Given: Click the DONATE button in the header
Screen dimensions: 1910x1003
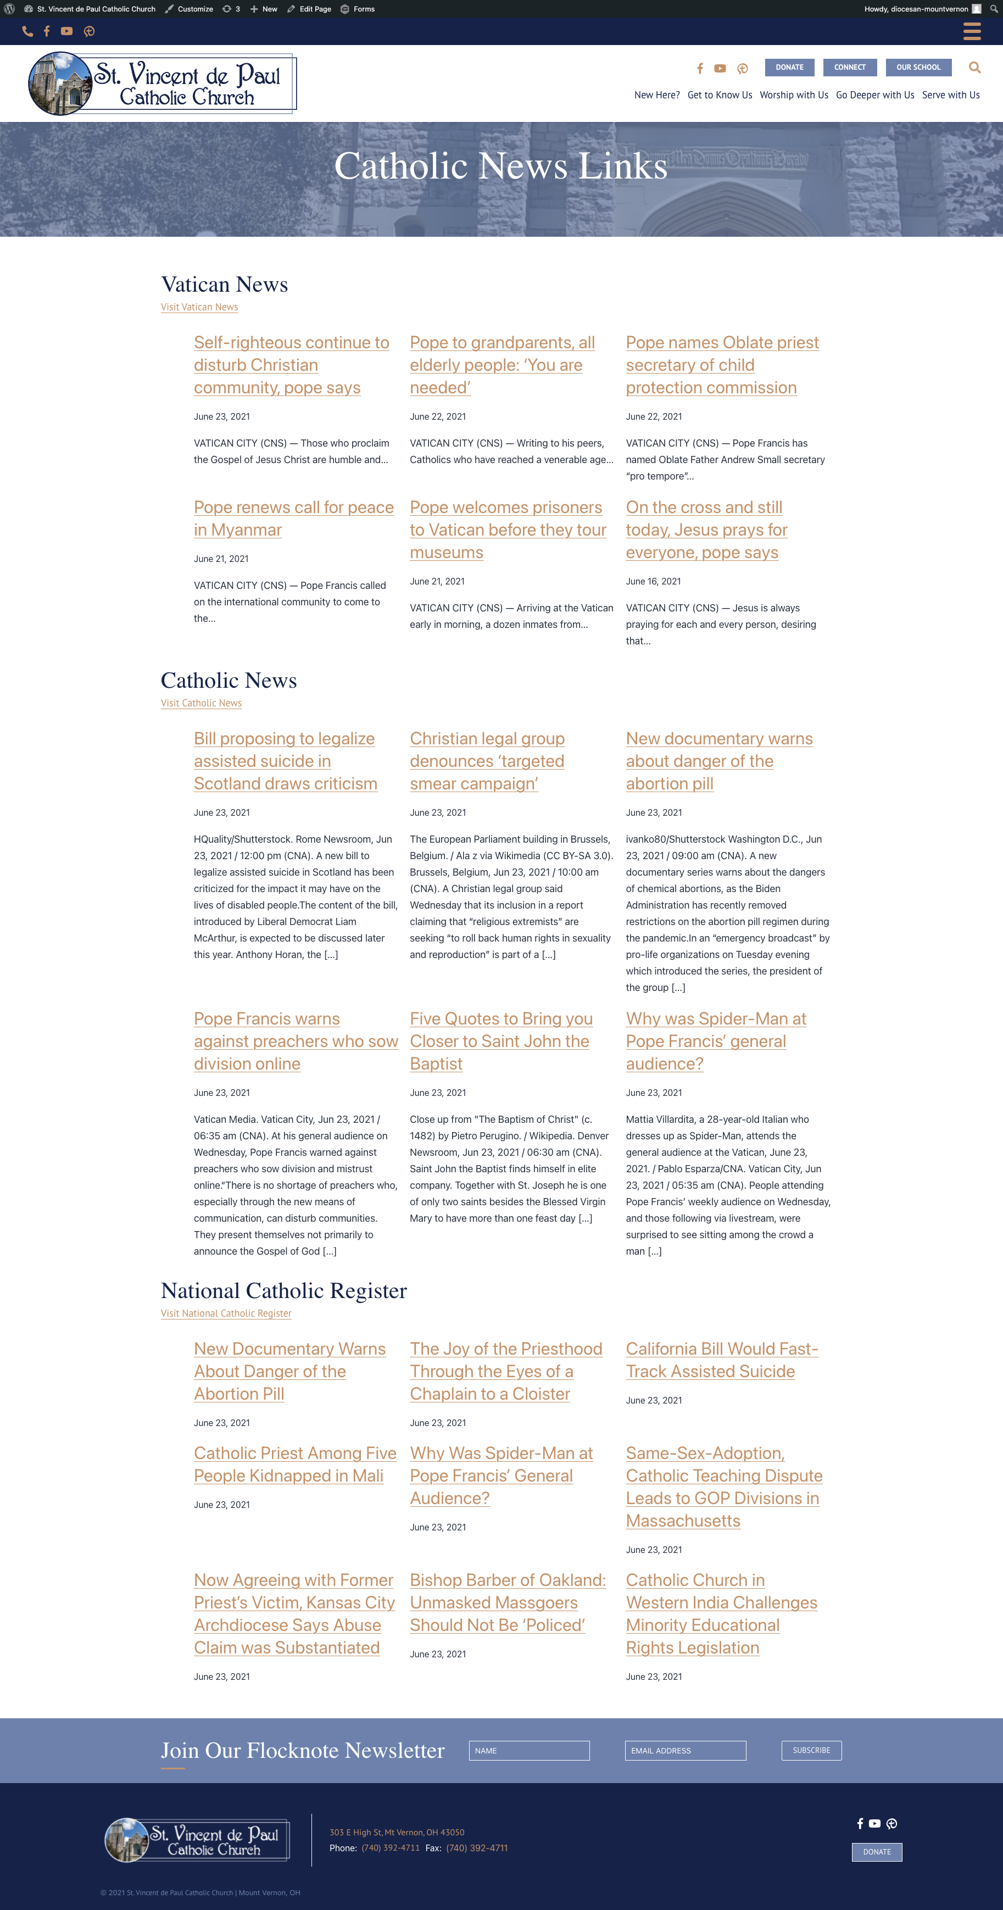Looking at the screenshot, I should [x=789, y=68].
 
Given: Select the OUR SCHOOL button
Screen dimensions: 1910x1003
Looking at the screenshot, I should [x=918, y=68].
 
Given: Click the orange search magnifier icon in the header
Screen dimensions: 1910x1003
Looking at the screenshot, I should [x=974, y=68].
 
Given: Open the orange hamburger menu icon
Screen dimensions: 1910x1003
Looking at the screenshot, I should [x=971, y=31].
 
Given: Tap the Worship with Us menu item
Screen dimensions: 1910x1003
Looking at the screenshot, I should [x=793, y=95].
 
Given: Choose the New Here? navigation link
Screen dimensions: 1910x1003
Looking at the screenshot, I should [x=656, y=95].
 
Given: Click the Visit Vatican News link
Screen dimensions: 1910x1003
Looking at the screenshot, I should [x=199, y=307].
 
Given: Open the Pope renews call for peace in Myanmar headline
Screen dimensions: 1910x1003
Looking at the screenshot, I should [x=293, y=518].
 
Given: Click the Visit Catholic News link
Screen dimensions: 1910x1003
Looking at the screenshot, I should [x=201, y=703].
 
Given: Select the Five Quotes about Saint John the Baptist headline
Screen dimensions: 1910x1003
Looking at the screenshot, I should [x=500, y=1040].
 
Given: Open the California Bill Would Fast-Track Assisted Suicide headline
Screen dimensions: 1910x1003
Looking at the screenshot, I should [x=721, y=1360].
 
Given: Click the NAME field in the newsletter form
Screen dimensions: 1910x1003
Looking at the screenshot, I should [x=528, y=1751].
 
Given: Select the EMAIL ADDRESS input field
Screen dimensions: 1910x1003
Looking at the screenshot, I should [x=685, y=1751].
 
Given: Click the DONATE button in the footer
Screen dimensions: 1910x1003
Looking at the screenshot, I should [x=876, y=1851].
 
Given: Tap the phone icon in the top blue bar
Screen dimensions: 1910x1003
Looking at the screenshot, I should [x=27, y=31].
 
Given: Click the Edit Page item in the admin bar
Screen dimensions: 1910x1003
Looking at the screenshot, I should [x=309, y=9].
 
